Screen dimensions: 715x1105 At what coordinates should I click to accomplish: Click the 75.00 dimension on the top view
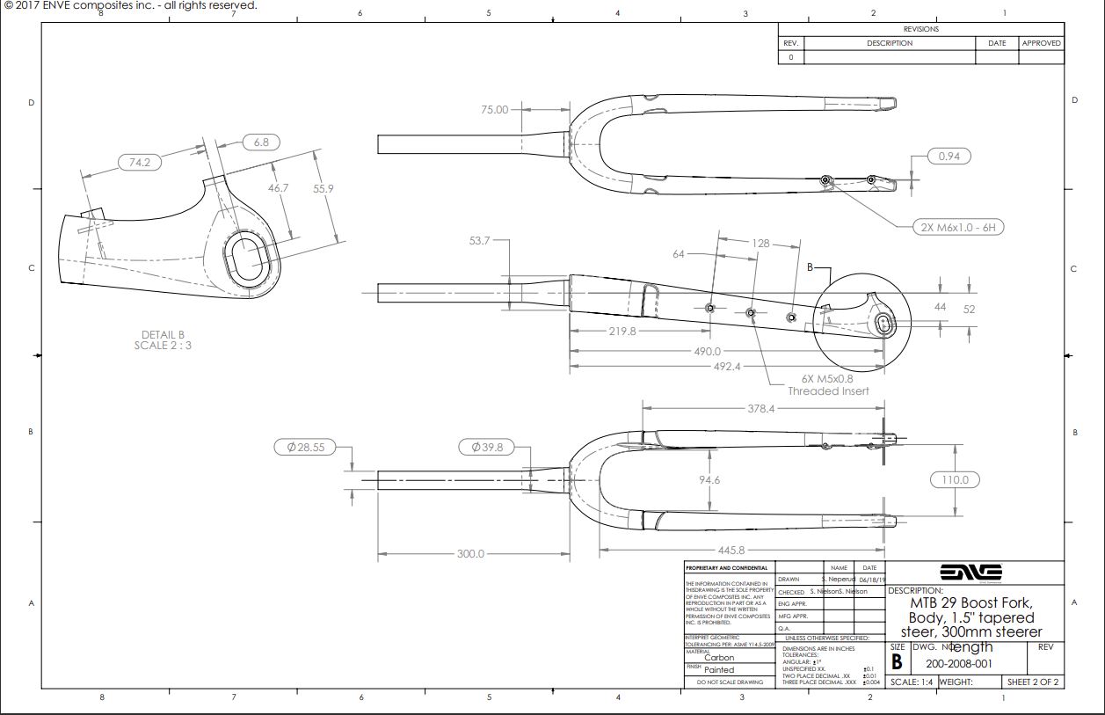click(x=494, y=110)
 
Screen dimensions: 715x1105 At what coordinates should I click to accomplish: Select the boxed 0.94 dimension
click(x=949, y=157)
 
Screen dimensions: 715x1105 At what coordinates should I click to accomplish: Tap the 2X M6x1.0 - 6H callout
click(x=958, y=227)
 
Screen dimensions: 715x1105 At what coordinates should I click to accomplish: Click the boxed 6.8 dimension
click(x=261, y=142)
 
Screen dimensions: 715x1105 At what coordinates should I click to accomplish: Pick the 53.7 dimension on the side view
click(x=479, y=240)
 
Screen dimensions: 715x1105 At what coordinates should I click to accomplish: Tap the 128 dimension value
click(x=760, y=243)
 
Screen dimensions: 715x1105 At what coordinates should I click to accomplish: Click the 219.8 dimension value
click(x=622, y=332)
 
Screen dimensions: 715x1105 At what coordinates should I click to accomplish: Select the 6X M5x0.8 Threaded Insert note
click(x=827, y=384)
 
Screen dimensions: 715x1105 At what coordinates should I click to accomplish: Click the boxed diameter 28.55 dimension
click(x=305, y=447)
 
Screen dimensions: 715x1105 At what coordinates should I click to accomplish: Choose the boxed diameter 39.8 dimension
click(x=486, y=447)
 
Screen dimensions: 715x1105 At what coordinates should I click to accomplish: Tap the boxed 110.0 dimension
click(x=955, y=479)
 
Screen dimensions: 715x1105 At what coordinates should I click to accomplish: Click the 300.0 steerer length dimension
click(x=470, y=553)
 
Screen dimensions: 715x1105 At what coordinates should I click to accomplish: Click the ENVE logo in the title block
click(x=974, y=571)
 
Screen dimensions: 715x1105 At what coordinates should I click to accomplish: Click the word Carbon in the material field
click(x=719, y=658)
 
